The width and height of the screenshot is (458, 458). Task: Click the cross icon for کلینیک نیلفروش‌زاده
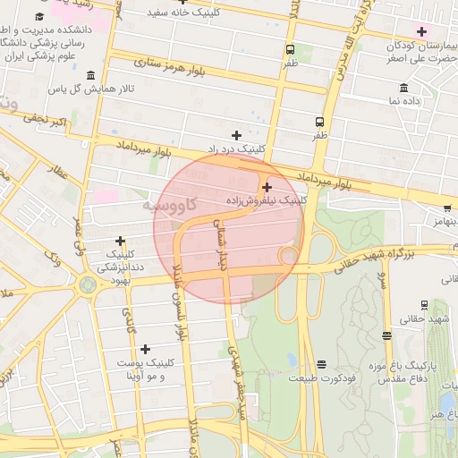[267, 187]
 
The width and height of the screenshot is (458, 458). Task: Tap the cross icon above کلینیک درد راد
[236, 134]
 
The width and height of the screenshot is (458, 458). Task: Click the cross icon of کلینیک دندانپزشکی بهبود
[120, 241]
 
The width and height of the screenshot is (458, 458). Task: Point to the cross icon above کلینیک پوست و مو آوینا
[145, 349]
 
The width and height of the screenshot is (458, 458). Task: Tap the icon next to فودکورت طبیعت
[321, 363]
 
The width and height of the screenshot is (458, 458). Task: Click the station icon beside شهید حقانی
[386, 335]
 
